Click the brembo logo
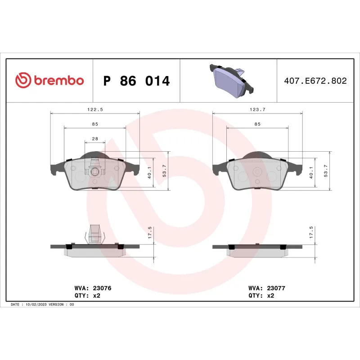coord(49,81)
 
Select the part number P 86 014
coord(136,81)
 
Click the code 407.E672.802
coord(315,81)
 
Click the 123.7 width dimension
coord(257,109)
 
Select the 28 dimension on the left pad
coord(95,139)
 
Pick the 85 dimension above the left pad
coord(95,124)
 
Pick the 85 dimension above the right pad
coord(257,124)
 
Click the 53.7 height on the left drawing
coord(164,171)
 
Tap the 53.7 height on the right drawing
coord(326,171)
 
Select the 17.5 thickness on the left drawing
coord(150,233)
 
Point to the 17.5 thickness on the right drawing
coord(311,233)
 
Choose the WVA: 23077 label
coord(267,288)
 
